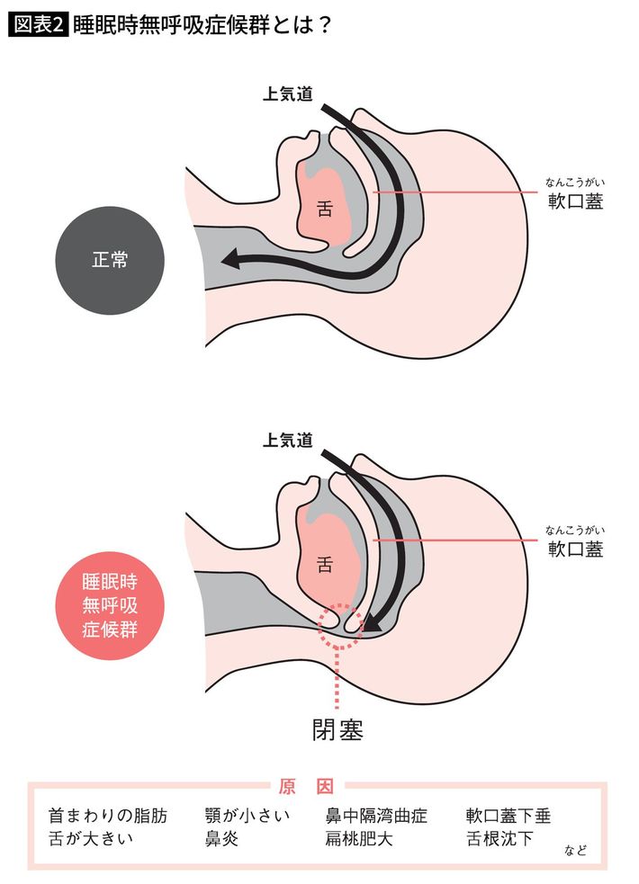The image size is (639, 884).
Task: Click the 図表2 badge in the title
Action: (39, 25)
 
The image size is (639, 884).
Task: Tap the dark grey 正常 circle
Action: (110, 260)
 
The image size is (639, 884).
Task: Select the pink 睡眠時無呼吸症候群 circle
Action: (110, 605)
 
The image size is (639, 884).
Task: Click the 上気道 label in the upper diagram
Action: (288, 94)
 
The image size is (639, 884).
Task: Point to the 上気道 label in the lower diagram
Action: (288, 440)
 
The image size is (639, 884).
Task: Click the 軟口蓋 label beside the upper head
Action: (576, 201)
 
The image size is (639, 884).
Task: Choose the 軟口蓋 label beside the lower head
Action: (576, 549)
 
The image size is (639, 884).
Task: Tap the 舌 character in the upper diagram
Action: (324, 210)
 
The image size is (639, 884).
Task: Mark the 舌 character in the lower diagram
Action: (324, 565)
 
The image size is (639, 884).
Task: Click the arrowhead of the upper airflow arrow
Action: (230, 259)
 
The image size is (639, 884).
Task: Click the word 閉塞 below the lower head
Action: (337, 730)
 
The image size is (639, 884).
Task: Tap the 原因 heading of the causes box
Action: (306, 786)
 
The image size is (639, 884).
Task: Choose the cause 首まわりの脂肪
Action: (108, 816)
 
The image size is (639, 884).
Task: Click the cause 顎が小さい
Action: (247, 816)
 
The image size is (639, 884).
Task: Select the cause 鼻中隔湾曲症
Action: (376, 816)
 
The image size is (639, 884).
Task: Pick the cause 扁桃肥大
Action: (359, 838)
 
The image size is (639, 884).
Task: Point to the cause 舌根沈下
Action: (499, 838)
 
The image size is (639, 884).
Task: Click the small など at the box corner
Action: (575, 850)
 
